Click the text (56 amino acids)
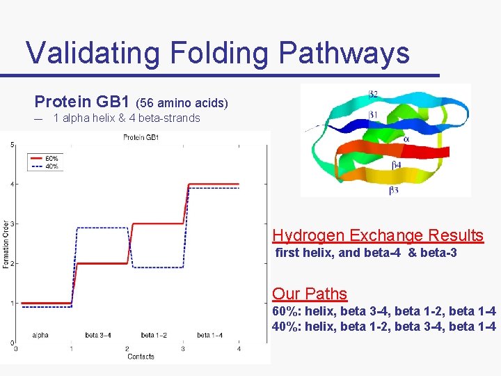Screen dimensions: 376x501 (x=186, y=103)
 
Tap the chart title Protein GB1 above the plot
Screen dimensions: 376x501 (x=141, y=137)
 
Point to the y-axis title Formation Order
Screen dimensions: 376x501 (x=5, y=244)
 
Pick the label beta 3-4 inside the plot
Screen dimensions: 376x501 (x=98, y=336)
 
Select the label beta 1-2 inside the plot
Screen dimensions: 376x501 (x=154, y=336)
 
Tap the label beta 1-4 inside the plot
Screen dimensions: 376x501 (x=209, y=336)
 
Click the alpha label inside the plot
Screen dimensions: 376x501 (x=40, y=336)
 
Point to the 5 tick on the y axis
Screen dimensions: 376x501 (x=11, y=145)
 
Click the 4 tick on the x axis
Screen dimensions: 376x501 (x=238, y=348)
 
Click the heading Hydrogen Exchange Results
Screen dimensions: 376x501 (x=378, y=235)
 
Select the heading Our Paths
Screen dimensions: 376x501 (x=310, y=294)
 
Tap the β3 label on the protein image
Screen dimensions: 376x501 (x=394, y=189)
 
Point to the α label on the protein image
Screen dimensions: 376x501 (x=406, y=139)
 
